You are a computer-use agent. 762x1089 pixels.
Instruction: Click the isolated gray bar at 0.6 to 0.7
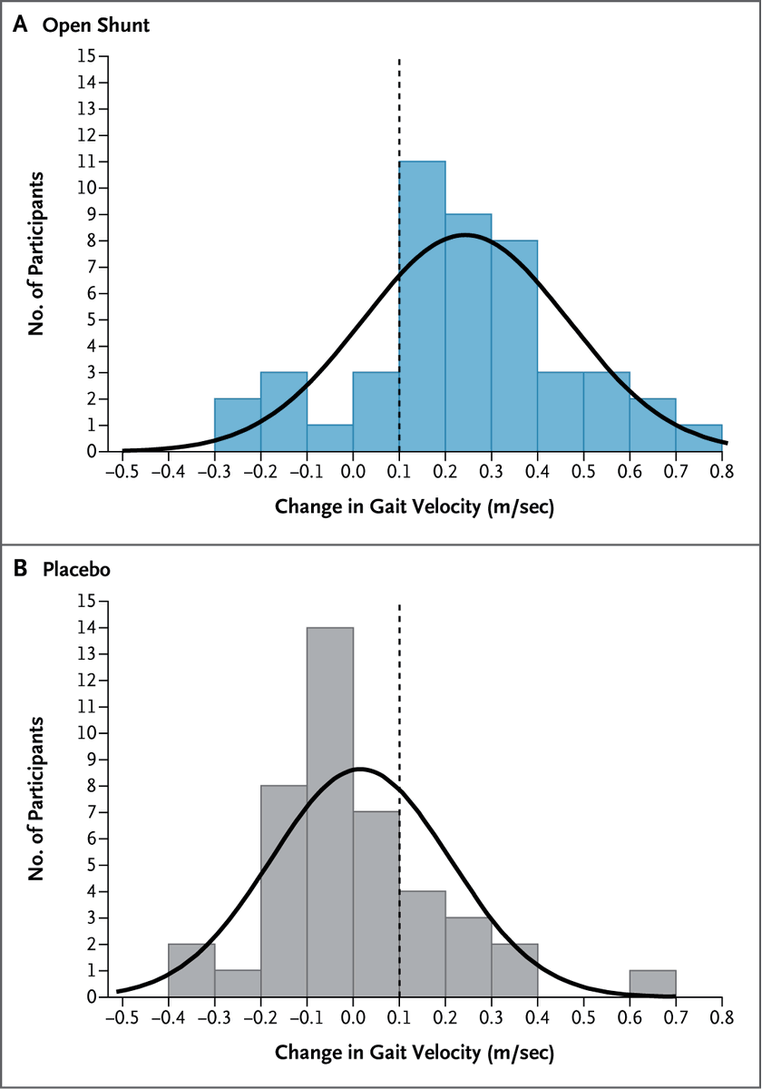click(x=652, y=984)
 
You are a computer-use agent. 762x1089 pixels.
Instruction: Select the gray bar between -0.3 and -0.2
click(x=238, y=984)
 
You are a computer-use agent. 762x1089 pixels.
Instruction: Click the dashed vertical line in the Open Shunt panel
click(x=399, y=109)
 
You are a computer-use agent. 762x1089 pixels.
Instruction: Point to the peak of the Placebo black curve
click(x=359, y=769)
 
